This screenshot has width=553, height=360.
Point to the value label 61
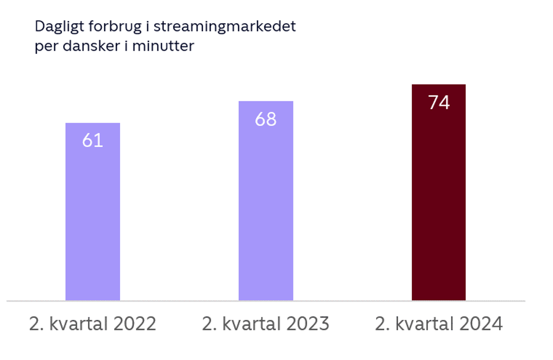(93, 141)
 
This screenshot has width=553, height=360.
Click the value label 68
(265, 120)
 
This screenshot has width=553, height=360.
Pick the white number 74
(439, 103)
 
